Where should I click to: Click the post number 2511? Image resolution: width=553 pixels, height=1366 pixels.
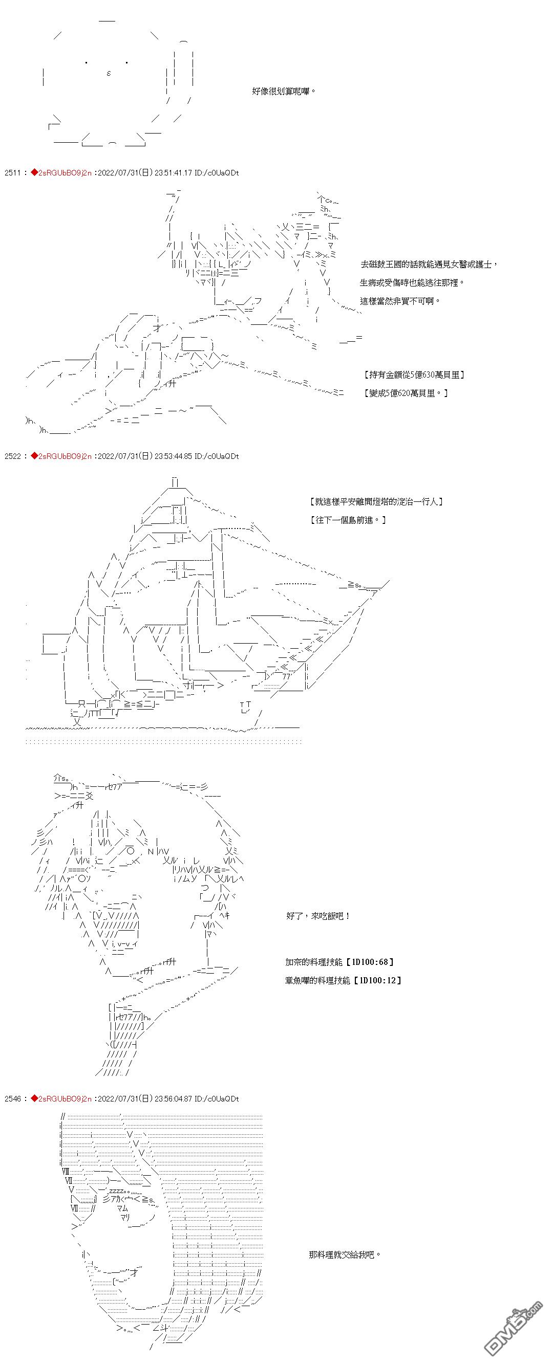click(12, 173)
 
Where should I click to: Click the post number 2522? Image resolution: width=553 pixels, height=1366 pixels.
click(12, 456)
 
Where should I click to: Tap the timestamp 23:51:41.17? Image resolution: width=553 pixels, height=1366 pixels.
click(174, 173)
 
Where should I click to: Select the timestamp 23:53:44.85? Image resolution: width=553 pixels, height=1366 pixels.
click(174, 456)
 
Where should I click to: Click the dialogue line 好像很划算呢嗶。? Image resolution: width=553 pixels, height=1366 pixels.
click(284, 91)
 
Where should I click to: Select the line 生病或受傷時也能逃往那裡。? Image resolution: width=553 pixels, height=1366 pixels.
click(412, 282)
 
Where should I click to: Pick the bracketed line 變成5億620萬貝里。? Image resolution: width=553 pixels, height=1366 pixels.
click(407, 393)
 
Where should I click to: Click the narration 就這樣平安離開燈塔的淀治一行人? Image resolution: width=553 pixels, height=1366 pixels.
click(376, 501)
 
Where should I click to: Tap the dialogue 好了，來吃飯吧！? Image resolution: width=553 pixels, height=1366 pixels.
click(318, 916)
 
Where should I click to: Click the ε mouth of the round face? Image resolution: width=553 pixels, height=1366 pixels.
click(109, 73)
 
